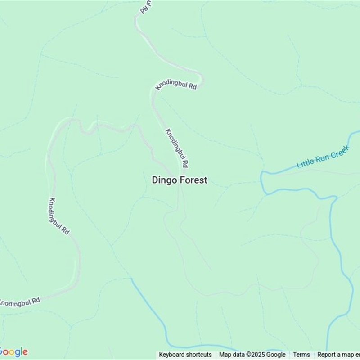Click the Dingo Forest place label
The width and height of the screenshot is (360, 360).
[180, 180]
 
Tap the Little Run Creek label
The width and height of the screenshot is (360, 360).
[323, 159]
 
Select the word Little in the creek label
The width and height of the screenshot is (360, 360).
[305, 164]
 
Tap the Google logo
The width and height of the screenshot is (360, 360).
[13, 352]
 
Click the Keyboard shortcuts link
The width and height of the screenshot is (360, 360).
[185, 355]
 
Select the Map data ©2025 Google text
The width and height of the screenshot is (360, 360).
[252, 355]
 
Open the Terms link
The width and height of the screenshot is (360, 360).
[301, 355]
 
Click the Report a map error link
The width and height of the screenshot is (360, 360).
[338, 355]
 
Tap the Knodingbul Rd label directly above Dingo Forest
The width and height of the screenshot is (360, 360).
[176, 147]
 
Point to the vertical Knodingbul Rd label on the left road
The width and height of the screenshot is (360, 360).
[59, 216]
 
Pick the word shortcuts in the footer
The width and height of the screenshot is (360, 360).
[198, 355]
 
